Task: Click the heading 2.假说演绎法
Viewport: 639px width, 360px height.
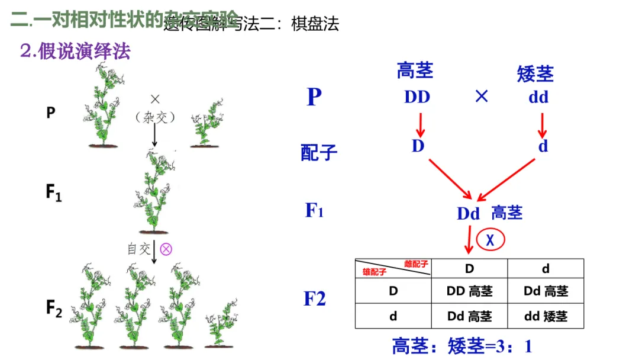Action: tap(75, 52)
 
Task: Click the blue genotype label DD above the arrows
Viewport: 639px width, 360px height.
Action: tap(417, 97)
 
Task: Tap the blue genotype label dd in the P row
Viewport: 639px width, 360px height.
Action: tap(538, 97)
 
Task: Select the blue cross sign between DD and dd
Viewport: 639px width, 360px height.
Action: tap(482, 97)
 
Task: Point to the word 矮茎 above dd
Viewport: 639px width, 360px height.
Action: tap(535, 74)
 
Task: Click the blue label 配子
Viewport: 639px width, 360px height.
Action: tap(319, 152)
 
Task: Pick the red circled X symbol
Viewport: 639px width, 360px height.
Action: tap(490, 240)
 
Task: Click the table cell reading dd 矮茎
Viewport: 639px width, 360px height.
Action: tap(546, 316)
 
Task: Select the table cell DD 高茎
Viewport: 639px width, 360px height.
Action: tap(469, 291)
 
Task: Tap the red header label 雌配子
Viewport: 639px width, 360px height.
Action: tap(416, 264)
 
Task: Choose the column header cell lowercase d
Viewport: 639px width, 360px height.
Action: tap(546, 268)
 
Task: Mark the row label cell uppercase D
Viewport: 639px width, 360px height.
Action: tap(393, 291)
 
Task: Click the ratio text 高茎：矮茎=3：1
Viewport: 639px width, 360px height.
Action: tap(462, 346)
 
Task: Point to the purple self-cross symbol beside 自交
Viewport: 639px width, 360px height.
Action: tap(166, 249)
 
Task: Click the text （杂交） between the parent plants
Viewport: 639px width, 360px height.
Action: tap(156, 117)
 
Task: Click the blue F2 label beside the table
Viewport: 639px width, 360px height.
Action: tap(315, 299)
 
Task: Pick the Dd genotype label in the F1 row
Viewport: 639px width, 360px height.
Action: tap(468, 213)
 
